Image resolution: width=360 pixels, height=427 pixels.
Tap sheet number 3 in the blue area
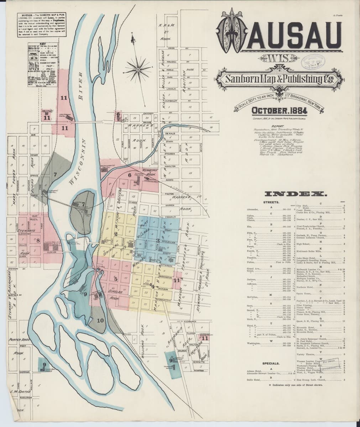(x=158, y=241)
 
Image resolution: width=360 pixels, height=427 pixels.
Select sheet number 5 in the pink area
(x=116, y=279)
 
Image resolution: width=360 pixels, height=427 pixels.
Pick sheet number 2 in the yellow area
(x=116, y=233)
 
